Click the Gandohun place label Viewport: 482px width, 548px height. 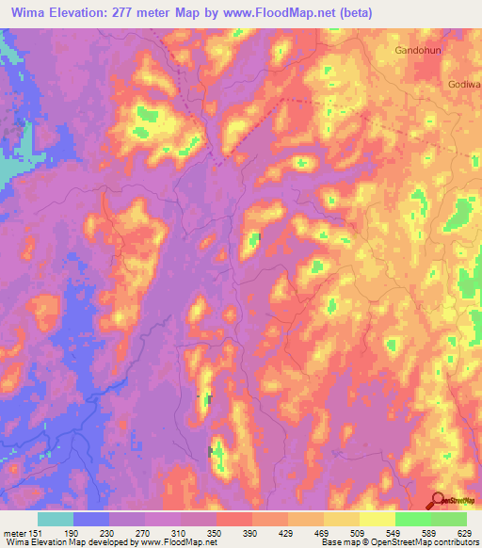click(419, 50)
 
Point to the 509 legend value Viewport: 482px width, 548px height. click(364, 532)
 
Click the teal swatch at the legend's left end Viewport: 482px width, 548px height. click(55, 519)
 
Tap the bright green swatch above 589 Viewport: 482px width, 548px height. click(413, 519)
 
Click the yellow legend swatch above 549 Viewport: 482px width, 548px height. click(378, 519)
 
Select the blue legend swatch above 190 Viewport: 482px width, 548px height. click(90, 519)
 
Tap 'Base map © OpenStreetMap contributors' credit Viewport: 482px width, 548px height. click(396, 542)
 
